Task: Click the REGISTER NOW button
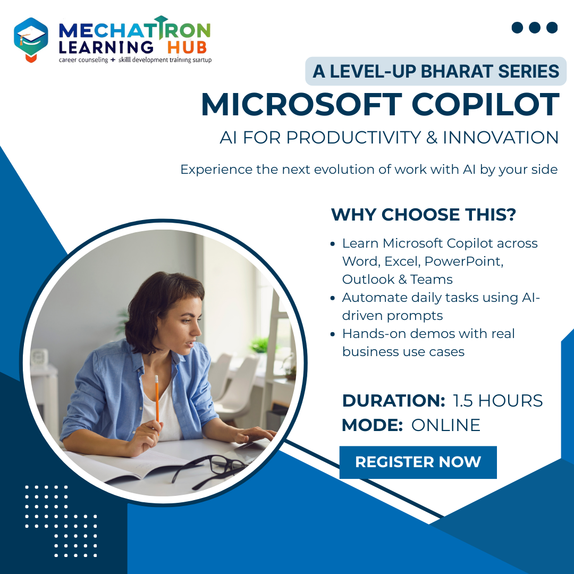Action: point(418,462)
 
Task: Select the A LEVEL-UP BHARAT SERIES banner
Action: point(436,71)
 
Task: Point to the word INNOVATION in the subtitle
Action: point(500,138)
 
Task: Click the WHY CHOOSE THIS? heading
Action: point(424,215)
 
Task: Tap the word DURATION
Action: point(393,401)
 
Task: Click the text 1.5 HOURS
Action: point(497,401)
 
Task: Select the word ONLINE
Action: point(445,425)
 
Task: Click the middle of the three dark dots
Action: point(535,28)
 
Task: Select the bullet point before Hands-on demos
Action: point(333,334)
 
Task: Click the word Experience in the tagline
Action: point(215,170)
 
